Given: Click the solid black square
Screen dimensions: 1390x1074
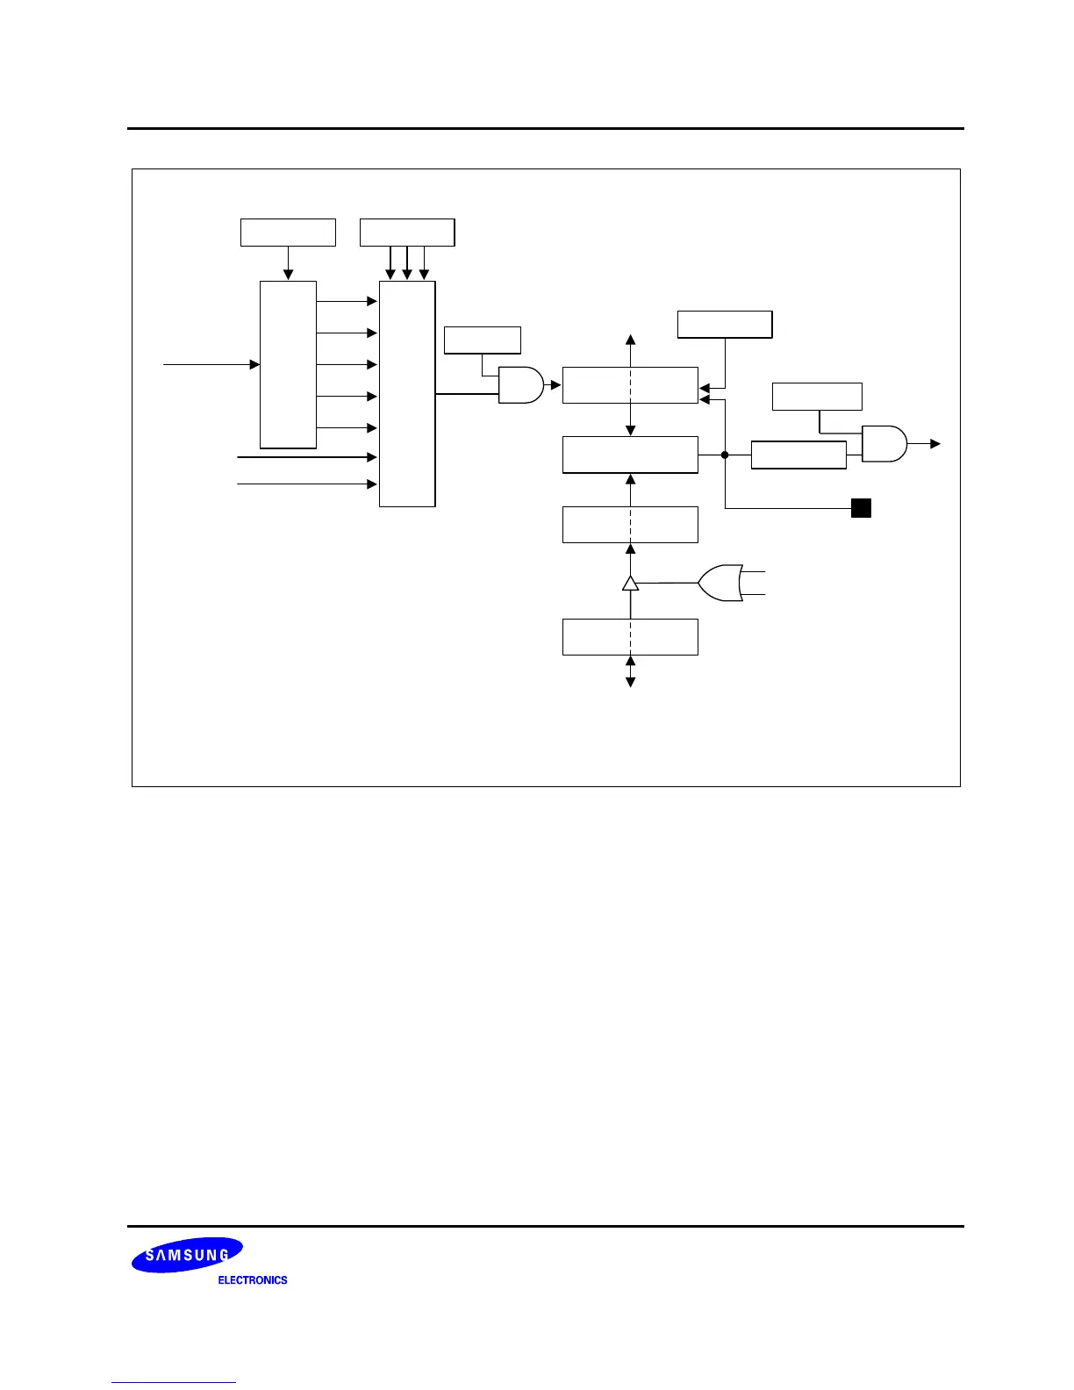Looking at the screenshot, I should pyautogui.click(x=861, y=507).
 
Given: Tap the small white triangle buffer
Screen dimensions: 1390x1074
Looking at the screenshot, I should pyautogui.click(x=630, y=583).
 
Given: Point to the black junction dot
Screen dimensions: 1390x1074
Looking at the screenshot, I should pyautogui.click(x=726, y=455).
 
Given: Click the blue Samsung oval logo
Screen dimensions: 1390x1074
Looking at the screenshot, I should pyautogui.click(x=187, y=1255).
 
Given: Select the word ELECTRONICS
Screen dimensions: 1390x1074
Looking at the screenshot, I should pyautogui.click(x=253, y=1280).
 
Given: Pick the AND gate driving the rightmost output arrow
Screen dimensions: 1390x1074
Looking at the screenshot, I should pyautogui.click(x=884, y=444).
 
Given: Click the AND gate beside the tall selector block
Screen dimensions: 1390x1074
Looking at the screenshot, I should pyautogui.click(x=520, y=384).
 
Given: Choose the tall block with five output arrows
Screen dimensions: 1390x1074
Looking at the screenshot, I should pyautogui.click(x=288, y=365).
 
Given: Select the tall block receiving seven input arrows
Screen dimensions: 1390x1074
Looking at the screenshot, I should pyautogui.click(x=407, y=394).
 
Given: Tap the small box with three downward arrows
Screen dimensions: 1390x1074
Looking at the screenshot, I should pyautogui.click(x=407, y=233).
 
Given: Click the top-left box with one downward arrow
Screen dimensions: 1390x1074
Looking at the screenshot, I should pyautogui.click(x=288, y=233).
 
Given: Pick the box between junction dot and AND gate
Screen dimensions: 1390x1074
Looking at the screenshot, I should pyautogui.click(x=798, y=455).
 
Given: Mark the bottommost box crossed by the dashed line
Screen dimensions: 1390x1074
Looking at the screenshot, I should pyautogui.click(x=630, y=636).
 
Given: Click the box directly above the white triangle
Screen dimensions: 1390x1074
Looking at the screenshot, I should pyautogui.click(x=630, y=525).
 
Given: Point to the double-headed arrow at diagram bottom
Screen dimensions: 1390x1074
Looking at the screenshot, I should pyautogui.click(x=630, y=671).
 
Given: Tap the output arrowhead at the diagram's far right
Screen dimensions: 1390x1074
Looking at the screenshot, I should pyautogui.click(x=935, y=444).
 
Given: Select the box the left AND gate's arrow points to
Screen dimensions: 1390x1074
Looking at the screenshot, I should pyautogui.click(x=630, y=385).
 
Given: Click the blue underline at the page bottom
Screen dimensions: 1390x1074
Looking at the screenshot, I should pyautogui.click(x=174, y=1382).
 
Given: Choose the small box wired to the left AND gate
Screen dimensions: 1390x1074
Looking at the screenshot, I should pyautogui.click(x=483, y=340).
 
